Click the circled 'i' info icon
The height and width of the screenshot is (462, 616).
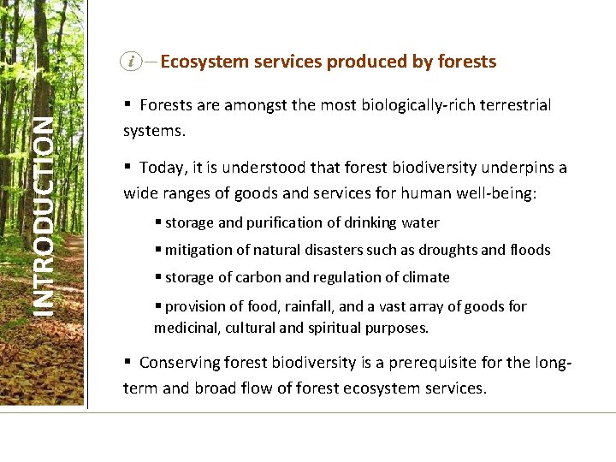131,61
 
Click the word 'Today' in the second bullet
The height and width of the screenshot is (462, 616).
160,168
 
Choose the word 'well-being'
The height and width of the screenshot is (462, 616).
491,193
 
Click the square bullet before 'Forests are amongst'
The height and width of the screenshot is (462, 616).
127,104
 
